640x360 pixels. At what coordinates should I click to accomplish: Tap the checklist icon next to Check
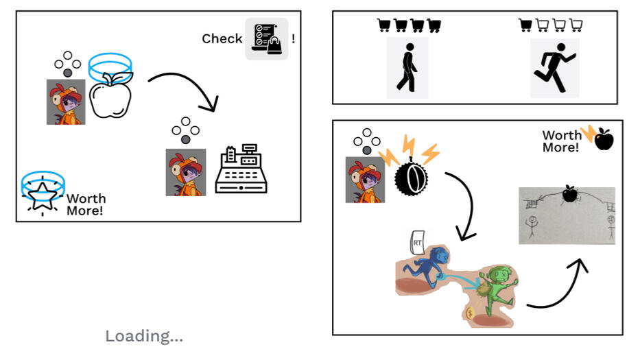(267, 38)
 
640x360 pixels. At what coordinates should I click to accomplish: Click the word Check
(222, 39)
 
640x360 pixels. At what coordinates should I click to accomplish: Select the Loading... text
(144, 336)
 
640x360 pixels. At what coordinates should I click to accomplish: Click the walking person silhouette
(407, 69)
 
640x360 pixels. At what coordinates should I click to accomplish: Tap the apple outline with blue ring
(112, 89)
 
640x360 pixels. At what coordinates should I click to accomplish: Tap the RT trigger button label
(417, 241)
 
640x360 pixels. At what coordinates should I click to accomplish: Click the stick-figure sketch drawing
(567, 215)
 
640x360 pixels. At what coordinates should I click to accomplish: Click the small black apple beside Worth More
(604, 139)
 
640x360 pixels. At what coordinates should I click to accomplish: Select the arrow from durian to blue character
(466, 206)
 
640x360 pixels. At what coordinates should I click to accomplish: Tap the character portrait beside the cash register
(186, 172)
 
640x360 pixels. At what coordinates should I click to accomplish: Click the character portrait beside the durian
(365, 180)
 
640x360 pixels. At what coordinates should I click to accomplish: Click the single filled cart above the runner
(525, 26)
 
